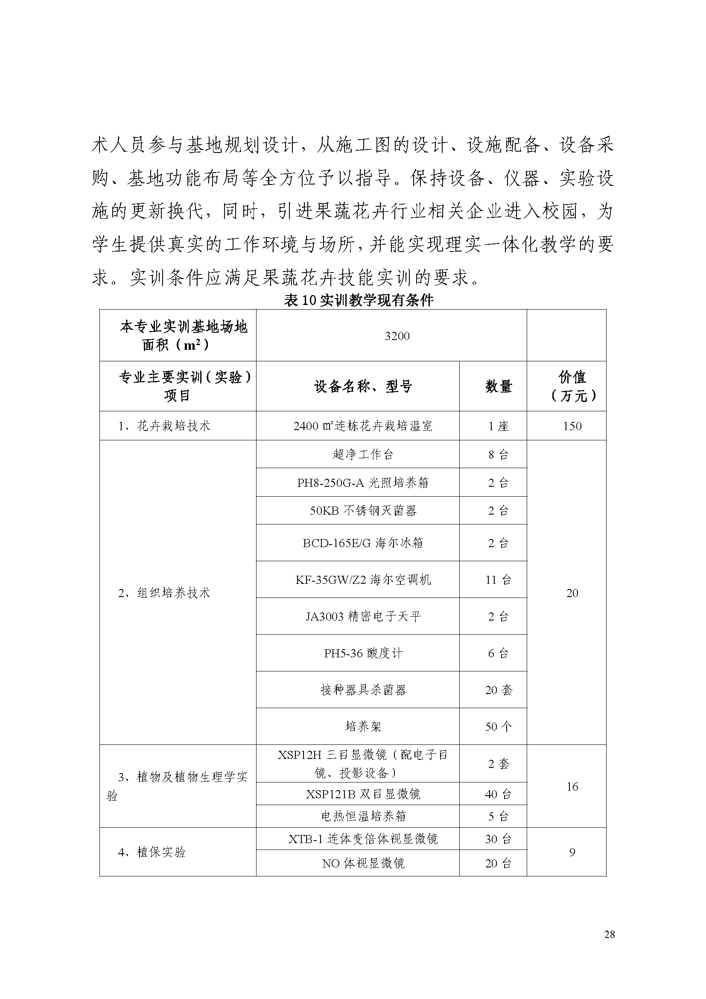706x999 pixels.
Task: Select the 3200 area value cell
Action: (x=397, y=336)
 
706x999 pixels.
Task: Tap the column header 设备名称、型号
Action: (x=362, y=386)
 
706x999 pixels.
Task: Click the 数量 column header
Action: (x=498, y=386)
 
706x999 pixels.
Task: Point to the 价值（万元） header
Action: (x=572, y=386)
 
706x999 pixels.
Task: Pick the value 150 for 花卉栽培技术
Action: (x=572, y=426)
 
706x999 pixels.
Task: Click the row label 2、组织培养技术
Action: (x=164, y=593)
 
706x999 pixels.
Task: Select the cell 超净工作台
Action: (x=362, y=454)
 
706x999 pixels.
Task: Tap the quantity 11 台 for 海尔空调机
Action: (x=498, y=580)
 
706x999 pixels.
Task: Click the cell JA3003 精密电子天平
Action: (x=362, y=616)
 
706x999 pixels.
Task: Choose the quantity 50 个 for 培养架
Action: (x=498, y=726)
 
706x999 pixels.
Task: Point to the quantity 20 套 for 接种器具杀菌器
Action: (x=498, y=690)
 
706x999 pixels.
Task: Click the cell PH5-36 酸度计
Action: (x=362, y=653)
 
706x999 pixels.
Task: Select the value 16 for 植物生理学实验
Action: (x=572, y=786)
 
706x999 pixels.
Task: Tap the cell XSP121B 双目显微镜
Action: (x=362, y=794)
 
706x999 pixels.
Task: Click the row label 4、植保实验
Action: (x=152, y=852)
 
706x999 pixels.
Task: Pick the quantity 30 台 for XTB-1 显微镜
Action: (x=498, y=839)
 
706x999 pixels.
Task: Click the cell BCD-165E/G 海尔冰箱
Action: (x=362, y=543)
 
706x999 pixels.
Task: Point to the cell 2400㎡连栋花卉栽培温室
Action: (x=362, y=426)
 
